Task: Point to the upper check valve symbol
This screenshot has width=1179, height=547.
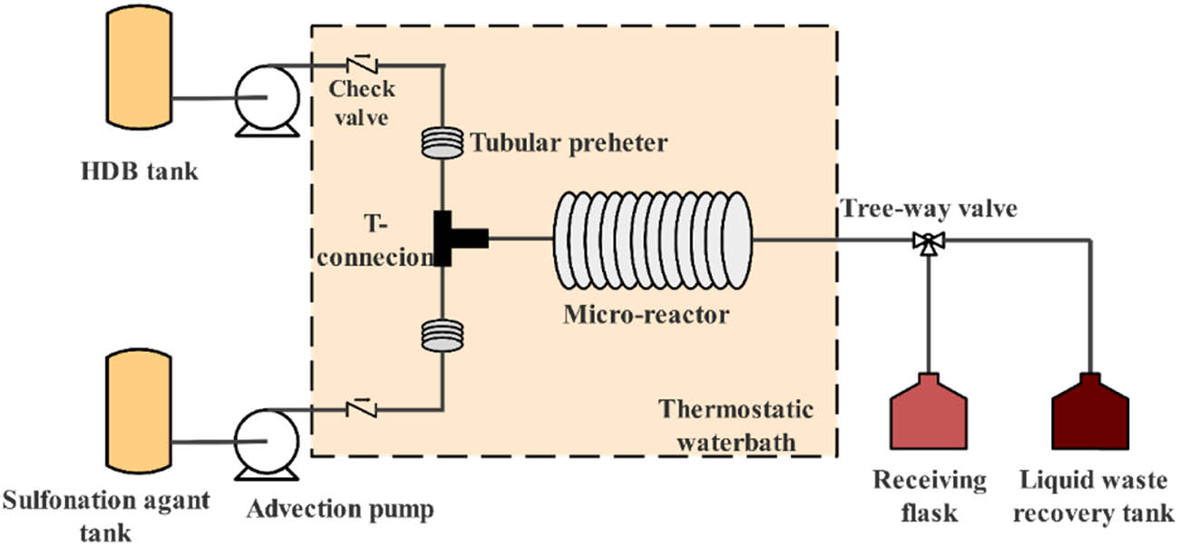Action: pyautogui.click(x=362, y=64)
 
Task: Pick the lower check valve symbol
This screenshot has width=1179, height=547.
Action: pyautogui.click(x=362, y=408)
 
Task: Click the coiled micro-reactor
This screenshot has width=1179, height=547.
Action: pyautogui.click(x=651, y=239)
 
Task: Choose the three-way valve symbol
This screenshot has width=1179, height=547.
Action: pyautogui.click(x=928, y=241)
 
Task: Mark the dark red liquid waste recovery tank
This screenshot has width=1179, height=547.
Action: pyautogui.click(x=1091, y=414)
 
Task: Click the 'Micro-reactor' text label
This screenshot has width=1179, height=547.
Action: pyautogui.click(x=646, y=315)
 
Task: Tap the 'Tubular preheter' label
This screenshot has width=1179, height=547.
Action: pyautogui.click(x=568, y=142)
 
